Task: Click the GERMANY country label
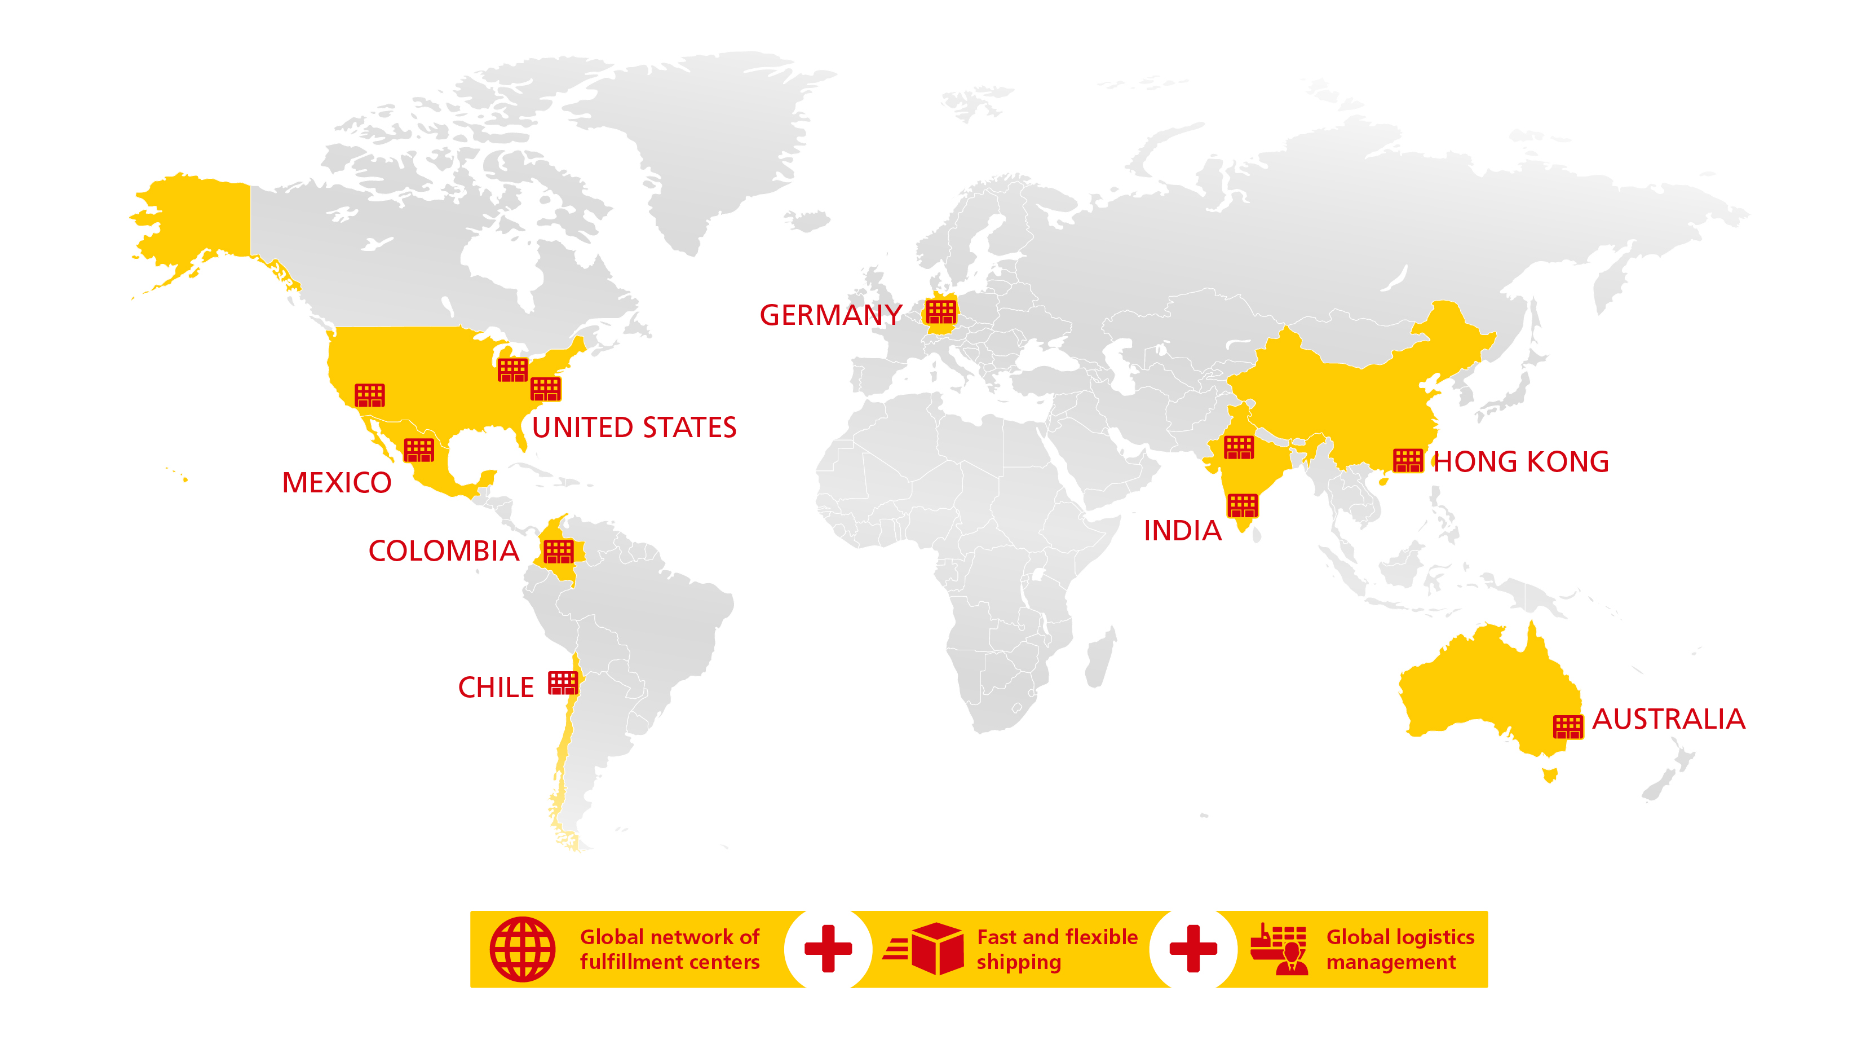(830, 315)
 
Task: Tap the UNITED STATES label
(634, 428)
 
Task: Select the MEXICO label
(336, 483)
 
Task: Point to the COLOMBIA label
(444, 551)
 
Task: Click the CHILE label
(496, 688)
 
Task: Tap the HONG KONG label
(1521, 462)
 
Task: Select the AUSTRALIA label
(1668, 720)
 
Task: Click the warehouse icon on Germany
(941, 312)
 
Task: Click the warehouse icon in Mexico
(419, 450)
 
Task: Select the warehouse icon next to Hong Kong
(1408, 460)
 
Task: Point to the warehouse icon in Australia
(1567, 726)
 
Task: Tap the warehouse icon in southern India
(1242, 505)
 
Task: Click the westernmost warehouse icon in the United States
(369, 395)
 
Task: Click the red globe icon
(522, 949)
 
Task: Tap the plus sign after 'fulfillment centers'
(828, 949)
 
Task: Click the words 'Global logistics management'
(1400, 949)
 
